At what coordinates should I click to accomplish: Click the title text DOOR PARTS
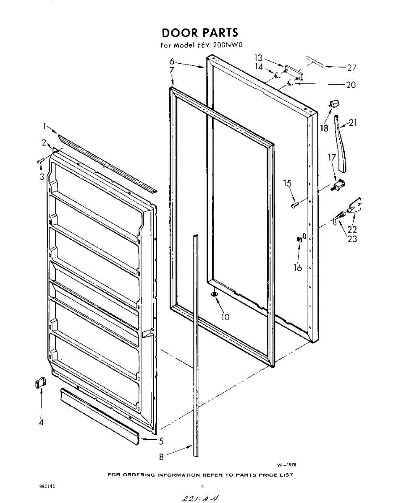tap(199, 33)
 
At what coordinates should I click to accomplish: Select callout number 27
tap(351, 68)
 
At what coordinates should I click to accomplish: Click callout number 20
tap(350, 85)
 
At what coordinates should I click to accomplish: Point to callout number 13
tap(258, 58)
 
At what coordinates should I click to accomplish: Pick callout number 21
tap(353, 123)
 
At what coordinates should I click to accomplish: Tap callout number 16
tap(298, 267)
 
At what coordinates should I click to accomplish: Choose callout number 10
tap(226, 317)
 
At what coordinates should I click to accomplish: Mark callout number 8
tap(161, 457)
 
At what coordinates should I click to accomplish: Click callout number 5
tap(161, 441)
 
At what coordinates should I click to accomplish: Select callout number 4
tap(41, 423)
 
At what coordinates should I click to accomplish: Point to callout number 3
tap(42, 177)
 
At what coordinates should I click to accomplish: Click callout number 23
tap(352, 239)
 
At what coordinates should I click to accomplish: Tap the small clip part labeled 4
tap(39, 383)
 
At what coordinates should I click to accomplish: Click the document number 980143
tap(47, 487)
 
